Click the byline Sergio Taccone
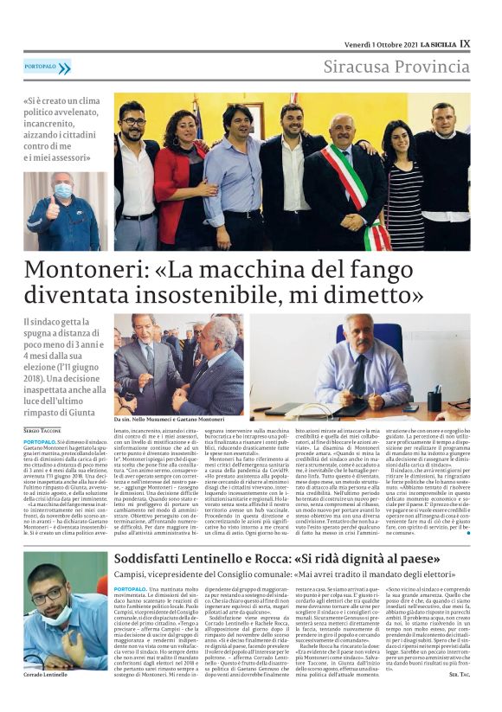[x=42, y=430]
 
